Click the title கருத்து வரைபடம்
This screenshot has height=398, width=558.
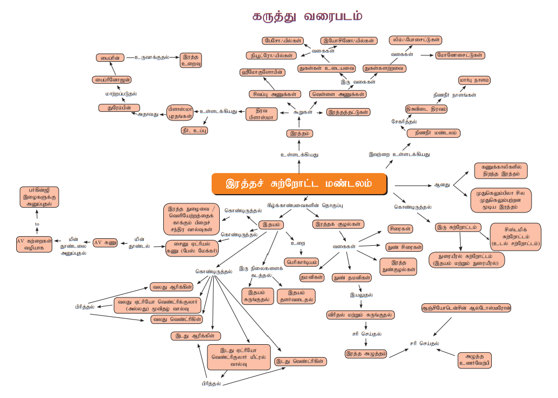[x=307, y=17]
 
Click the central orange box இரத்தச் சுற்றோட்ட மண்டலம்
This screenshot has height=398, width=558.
[x=299, y=183]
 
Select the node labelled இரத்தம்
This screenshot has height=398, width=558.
[x=299, y=133]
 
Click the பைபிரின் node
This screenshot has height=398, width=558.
[x=110, y=56]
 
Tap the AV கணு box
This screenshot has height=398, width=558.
[x=105, y=242]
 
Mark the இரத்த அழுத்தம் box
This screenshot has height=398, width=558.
[x=366, y=353]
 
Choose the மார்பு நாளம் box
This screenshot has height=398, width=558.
[x=474, y=80]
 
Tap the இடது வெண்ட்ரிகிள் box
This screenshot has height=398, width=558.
[x=301, y=361]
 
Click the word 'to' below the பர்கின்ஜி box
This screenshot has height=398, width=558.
[x=37, y=223]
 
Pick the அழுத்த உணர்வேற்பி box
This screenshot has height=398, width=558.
[x=475, y=359]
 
